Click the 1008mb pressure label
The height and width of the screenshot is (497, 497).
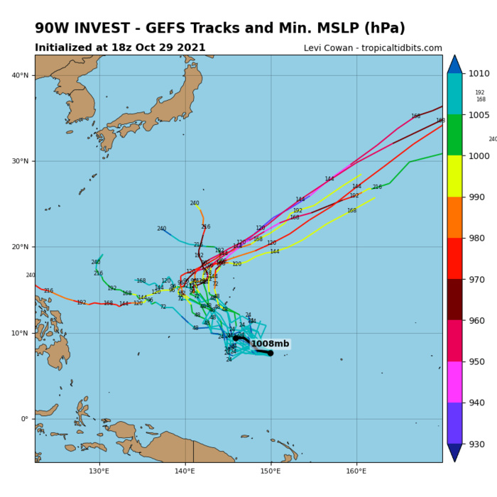point(271,344)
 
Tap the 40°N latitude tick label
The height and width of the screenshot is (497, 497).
point(21,76)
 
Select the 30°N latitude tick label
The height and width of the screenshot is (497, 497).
point(21,162)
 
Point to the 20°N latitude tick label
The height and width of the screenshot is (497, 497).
point(21,247)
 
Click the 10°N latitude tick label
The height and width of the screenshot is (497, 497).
point(21,333)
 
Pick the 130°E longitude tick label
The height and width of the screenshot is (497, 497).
point(99,470)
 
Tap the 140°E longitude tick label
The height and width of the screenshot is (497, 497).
point(185,470)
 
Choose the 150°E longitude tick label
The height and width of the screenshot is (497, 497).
point(271,470)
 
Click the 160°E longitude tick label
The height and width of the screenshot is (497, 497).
point(356,470)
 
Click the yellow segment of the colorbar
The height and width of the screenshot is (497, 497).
point(454,176)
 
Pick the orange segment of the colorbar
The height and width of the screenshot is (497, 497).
point(454,217)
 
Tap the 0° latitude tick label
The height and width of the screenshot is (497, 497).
point(26,419)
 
